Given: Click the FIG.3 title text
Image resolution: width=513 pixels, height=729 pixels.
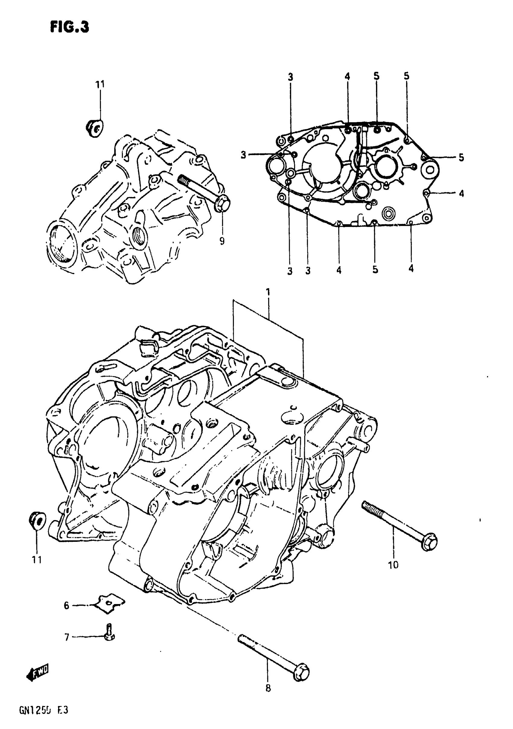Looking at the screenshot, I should [69, 27].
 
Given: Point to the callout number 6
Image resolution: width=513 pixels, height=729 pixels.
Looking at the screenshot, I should [66, 606].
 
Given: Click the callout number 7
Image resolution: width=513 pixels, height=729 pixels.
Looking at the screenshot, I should [67, 637].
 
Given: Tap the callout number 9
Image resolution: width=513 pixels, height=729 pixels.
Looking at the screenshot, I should [222, 241].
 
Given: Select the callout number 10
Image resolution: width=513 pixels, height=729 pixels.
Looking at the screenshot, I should [393, 564].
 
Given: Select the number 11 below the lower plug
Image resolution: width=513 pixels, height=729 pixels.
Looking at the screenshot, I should [37, 560].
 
